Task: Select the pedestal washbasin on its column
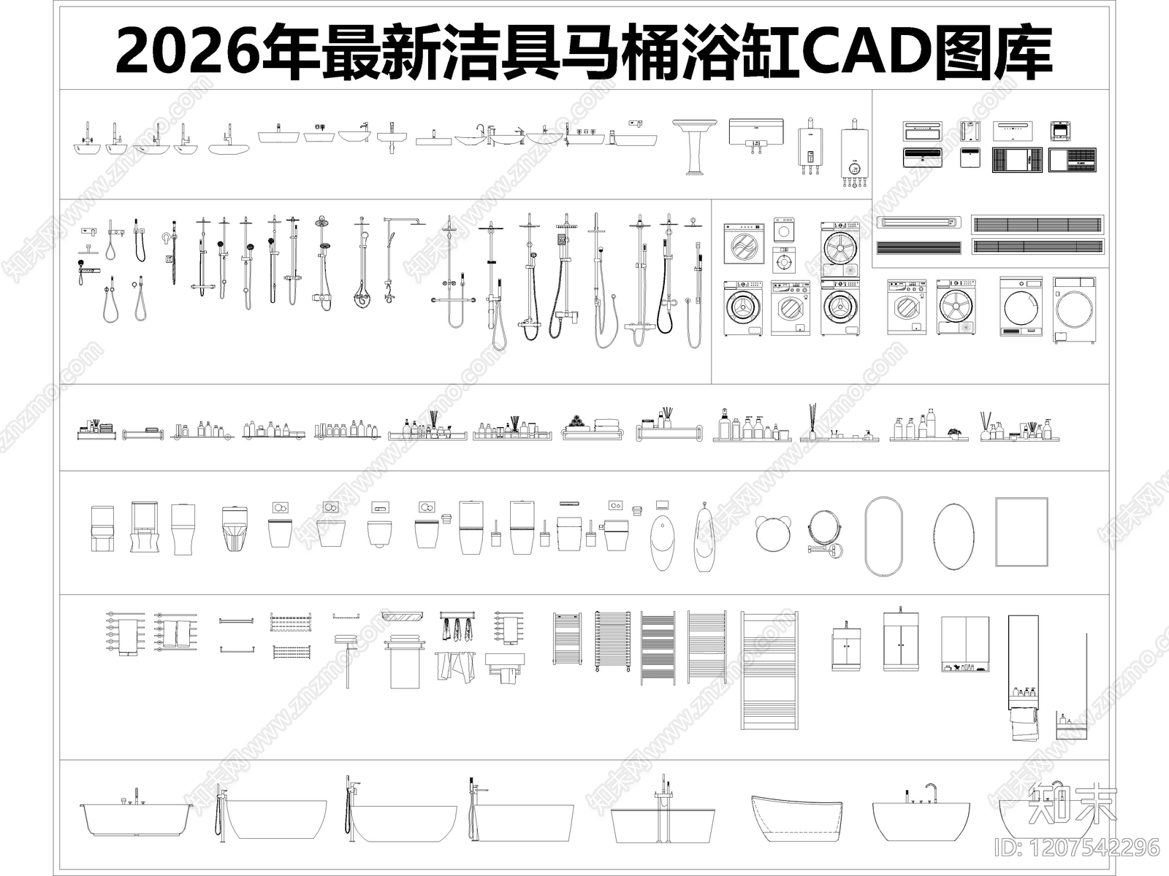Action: click(691, 146)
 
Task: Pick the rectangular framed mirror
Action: click(1021, 531)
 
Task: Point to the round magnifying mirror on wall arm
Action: click(823, 530)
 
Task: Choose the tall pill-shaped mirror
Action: click(883, 537)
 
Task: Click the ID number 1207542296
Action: click(1077, 848)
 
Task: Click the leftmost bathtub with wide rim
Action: click(136, 818)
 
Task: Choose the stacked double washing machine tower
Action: click(839, 279)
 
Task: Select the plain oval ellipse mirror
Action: click(953, 537)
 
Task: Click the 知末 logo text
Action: click(1072, 804)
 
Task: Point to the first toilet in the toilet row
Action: click(102, 527)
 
